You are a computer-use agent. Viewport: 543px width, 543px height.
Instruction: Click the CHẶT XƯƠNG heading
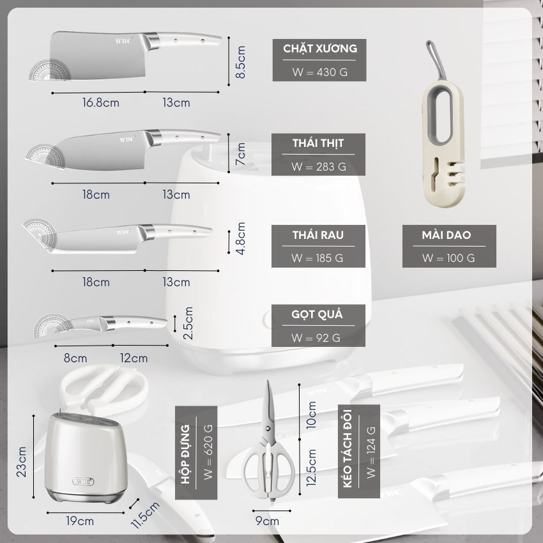coord(320,49)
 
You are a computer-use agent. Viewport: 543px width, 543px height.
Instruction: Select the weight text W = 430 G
coord(319,72)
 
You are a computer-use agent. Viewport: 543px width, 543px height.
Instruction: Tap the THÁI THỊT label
coord(318,143)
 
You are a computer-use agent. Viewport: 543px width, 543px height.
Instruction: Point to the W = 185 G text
coord(317,258)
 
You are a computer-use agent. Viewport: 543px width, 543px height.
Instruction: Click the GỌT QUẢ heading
coord(317,314)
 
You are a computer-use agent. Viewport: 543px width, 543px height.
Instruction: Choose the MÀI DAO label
coord(447,235)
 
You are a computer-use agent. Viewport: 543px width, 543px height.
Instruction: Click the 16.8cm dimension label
coord(101,103)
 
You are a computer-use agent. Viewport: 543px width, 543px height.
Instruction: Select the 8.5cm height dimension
coord(240,62)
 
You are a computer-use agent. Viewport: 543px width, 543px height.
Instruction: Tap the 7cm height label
coord(240,154)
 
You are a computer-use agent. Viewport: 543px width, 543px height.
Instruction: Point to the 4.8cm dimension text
coord(240,239)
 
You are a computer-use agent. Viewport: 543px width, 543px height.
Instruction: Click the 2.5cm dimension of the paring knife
coord(188,323)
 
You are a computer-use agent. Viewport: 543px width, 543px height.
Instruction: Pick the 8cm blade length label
coord(75,358)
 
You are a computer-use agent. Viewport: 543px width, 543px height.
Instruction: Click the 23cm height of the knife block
coord(21,462)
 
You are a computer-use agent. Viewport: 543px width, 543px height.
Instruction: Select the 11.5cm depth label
coord(146,515)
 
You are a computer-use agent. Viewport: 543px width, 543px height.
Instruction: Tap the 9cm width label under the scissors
coord(267,521)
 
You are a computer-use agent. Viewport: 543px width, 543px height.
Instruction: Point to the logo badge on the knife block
coord(83,481)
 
